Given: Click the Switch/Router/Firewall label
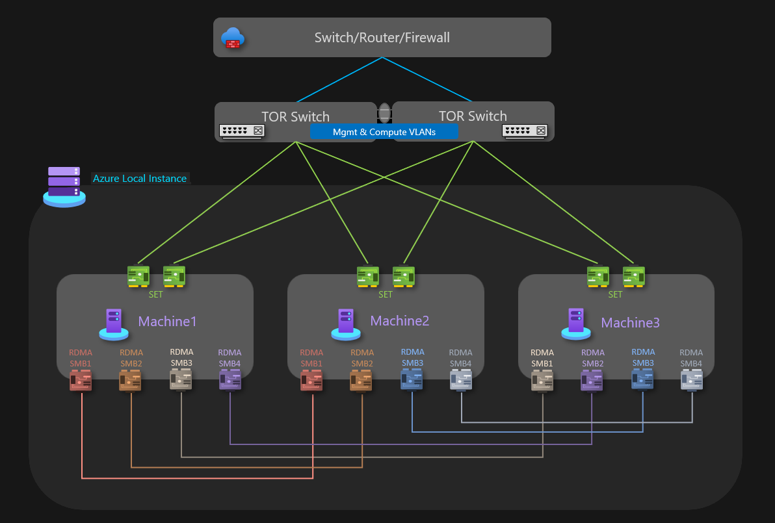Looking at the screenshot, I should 382,38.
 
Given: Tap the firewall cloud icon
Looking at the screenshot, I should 231,38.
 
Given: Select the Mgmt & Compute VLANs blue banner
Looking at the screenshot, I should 384,132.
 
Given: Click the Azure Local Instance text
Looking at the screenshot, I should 140,179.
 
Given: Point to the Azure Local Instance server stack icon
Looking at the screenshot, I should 64,186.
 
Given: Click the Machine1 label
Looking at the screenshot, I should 167,322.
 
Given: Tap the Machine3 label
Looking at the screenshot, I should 630,323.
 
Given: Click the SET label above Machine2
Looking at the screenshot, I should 386,294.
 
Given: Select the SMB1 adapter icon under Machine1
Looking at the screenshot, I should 81,380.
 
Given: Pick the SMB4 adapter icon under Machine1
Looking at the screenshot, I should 230,379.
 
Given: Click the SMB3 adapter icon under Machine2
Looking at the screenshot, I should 412,379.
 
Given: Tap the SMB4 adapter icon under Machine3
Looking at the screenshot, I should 691,379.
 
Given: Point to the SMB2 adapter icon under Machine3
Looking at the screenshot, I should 592,380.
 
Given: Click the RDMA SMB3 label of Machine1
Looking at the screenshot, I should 181,358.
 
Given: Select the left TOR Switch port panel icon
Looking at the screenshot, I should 242,131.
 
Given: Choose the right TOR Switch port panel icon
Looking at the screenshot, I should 525,131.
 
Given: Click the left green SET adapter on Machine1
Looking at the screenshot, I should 138,276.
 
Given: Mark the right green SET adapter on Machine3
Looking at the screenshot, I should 633,276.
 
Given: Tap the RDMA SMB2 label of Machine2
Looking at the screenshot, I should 362,358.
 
